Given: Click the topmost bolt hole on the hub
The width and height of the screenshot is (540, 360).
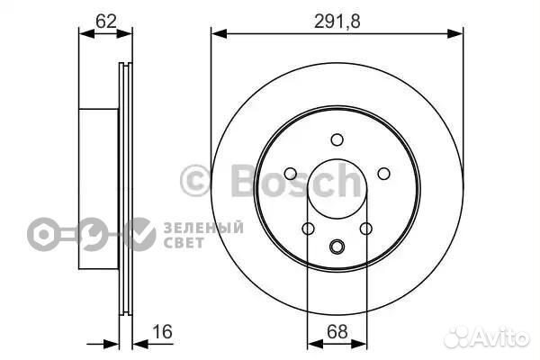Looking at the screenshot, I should click(x=337, y=139).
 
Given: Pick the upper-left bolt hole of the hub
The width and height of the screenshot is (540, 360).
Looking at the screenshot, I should click(x=291, y=174).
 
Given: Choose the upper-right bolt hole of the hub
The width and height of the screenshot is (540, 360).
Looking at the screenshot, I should click(x=384, y=174).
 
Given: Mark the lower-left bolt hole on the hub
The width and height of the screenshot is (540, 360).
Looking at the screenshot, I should click(x=309, y=229).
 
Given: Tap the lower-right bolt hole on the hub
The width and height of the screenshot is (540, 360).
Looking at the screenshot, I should click(x=366, y=229).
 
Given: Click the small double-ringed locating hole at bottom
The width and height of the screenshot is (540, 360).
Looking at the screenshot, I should click(x=337, y=247).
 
